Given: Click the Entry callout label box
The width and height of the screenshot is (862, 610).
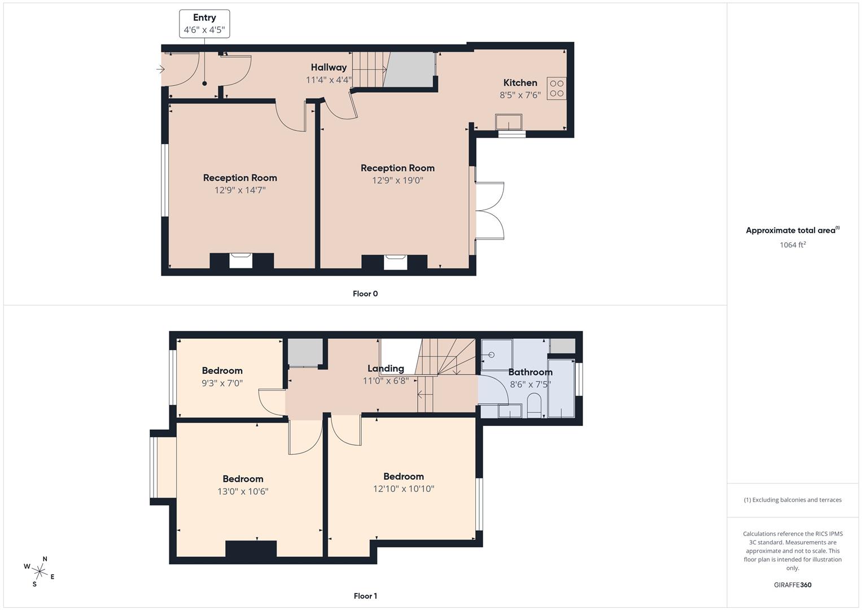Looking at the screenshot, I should pyautogui.click(x=204, y=24).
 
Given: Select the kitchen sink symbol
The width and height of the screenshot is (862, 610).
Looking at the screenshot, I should pyautogui.click(x=509, y=121).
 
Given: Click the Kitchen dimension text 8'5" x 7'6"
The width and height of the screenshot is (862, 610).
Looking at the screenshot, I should pyautogui.click(x=520, y=95).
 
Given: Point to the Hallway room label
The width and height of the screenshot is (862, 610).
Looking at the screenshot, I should pyautogui.click(x=329, y=67).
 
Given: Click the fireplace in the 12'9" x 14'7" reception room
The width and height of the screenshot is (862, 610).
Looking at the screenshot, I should pyautogui.click(x=241, y=260).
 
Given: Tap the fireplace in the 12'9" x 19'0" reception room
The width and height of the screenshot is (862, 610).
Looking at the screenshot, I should pyautogui.click(x=395, y=262).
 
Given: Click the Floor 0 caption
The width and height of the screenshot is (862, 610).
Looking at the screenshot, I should pyautogui.click(x=365, y=294).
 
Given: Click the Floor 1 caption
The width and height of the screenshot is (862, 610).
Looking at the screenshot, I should pyautogui.click(x=365, y=596).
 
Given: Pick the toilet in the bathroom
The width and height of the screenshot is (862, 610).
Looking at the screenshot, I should pyautogui.click(x=534, y=405).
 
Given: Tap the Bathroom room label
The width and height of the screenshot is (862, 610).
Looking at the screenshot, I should pyautogui.click(x=530, y=372).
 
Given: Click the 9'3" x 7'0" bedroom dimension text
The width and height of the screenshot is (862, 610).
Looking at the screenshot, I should pyautogui.click(x=222, y=383).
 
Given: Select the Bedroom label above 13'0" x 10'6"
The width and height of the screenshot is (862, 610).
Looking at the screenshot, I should pyautogui.click(x=243, y=478).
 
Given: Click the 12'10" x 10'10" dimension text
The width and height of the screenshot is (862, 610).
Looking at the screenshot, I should pyautogui.click(x=404, y=489).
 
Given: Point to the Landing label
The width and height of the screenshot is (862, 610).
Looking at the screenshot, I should pyautogui.click(x=386, y=368).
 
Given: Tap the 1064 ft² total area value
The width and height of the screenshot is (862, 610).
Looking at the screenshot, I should pyautogui.click(x=793, y=245).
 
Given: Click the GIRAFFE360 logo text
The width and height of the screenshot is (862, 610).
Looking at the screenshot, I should pyautogui.click(x=793, y=585).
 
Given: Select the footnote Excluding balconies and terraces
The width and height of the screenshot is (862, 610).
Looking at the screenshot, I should pyautogui.click(x=793, y=500).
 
